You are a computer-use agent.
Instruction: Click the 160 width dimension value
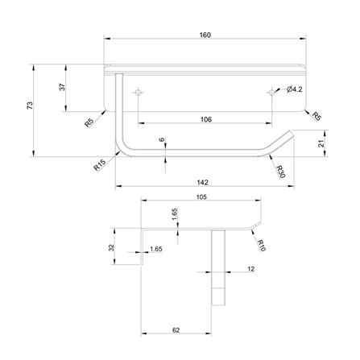(205, 35)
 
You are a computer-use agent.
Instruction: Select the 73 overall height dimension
(30, 105)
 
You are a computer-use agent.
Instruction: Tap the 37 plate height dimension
(62, 87)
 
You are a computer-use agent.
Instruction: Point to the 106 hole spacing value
(206, 119)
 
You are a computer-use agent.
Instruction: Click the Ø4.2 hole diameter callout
(294, 89)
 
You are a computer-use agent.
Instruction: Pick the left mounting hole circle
(138, 93)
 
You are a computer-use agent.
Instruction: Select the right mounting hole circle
(272, 93)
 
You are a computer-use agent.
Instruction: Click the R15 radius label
(99, 164)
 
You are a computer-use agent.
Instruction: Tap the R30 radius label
(280, 172)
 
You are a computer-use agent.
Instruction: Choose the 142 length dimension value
(202, 183)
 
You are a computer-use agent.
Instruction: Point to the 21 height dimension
(321, 143)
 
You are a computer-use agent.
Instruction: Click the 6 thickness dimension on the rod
(162, 139)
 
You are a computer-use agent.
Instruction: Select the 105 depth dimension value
(201, 197)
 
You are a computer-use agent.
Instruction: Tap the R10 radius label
(261, 246)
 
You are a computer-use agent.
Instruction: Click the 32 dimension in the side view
(111, 247)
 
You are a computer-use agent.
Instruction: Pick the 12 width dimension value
(250, 269)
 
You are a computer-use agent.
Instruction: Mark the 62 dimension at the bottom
(176, 330)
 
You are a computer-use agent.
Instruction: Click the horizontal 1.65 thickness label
(156, 249)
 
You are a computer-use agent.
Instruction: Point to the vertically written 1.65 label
(175, 214)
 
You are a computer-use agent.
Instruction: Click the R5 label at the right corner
(317, 116)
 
